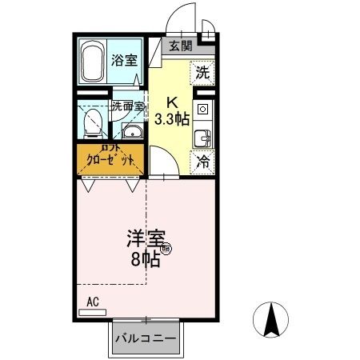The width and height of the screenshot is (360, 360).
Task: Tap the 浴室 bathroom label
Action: pyautogui.click(x=123, y=60)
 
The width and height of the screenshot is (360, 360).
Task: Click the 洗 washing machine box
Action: pyautogui.click(x=202, y=72)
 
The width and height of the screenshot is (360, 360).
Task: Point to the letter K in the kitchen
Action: pyautogui.click(x=171, y=102)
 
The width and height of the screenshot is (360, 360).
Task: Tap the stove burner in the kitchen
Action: pyautogui.click(x=202, y=108)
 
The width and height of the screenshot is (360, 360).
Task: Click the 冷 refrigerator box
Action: pyautogui.click(x=202, y=160)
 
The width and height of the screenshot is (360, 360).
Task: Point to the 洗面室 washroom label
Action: pyautogui.click(x=126, y=106)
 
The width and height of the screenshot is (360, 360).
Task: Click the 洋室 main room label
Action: pyautogui.click(x=146, y=238)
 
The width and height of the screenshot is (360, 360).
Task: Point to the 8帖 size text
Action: pyautogui.click(x=144, y=258)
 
